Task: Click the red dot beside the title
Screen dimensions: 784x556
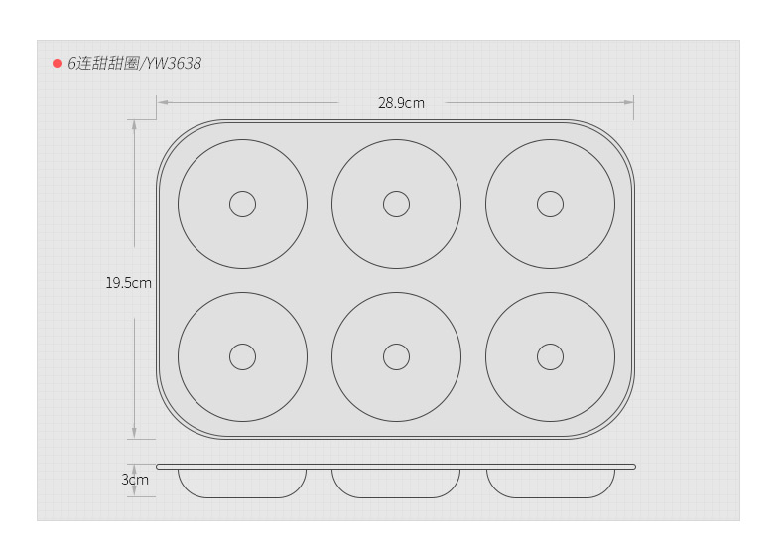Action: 57,64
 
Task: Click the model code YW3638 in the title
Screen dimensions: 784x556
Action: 174,64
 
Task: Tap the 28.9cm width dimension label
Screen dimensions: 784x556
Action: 401,103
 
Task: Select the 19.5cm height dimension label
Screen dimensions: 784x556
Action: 128,283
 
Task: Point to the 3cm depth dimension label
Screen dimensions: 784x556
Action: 135,480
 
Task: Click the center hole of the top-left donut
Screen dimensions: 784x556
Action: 242,191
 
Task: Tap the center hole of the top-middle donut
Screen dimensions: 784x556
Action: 397,191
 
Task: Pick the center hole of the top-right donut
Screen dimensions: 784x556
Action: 551,191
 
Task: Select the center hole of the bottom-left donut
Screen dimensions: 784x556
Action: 242,344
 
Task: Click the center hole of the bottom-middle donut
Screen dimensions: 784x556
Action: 397,344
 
